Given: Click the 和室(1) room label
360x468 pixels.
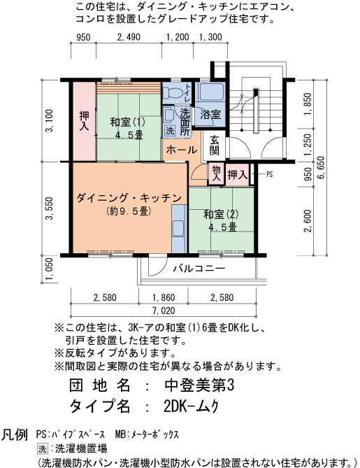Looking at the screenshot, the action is tap(128, 122).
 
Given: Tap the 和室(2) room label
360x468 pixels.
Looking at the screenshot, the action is tap(221, 214).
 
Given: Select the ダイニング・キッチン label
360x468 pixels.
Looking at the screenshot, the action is tap(129, 198).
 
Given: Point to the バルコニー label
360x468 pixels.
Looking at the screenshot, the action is tap(199, 269).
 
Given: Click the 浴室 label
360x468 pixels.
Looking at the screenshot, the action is tap(210, 114).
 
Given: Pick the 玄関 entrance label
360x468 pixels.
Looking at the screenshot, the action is tap(214, 146).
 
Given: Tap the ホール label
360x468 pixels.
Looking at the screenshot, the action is tap(181, 150).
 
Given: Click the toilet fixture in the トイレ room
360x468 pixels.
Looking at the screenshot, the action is tap(173, 92).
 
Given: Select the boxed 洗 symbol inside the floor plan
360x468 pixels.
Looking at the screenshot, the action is tap(170, 130).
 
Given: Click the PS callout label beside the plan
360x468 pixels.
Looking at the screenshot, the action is tap(269, 174).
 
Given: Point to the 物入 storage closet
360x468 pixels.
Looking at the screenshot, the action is tap(216, 173).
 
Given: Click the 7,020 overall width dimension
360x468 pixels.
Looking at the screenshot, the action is tap(164, 311).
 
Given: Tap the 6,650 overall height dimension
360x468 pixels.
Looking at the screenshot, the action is tap(322, 167).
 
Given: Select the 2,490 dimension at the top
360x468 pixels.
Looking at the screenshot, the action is tap(129, 37).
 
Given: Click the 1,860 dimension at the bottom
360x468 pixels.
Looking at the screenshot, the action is tap(164, 297).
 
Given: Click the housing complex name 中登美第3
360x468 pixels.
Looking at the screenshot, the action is tap(199, 385).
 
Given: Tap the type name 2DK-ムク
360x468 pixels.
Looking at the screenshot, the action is tap(192, 406).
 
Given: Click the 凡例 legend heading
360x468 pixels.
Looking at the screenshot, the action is tap(15, 434).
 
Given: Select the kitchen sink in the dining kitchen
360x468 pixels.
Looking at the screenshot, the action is tap(179, 229).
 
